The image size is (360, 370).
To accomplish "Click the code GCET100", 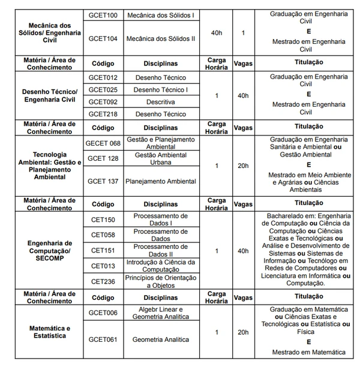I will [103, 14].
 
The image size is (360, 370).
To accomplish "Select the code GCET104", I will [103, 38].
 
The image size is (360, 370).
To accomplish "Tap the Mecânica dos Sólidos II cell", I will [161, 38].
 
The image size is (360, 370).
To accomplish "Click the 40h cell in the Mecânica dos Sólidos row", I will [216, 32].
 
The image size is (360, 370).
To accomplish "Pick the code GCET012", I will [103, 78].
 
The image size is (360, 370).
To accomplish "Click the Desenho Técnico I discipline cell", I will [161, 90].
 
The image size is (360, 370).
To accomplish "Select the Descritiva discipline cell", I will [161, 102].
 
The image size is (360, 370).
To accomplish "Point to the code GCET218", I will [103, 114].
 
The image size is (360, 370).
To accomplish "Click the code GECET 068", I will [103, 143].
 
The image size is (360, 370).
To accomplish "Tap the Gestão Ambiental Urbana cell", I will [161, 158].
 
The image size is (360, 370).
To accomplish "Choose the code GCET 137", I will [103, 181].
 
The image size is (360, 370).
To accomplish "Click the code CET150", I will [103, 219].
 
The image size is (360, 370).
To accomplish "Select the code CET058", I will [103, 234].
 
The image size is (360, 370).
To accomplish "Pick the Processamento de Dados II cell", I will [161, 250].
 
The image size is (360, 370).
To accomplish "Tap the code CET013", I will [103, 266].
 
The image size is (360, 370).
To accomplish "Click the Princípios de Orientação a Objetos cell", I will [161, 281].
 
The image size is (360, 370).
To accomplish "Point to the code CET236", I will [103, 281].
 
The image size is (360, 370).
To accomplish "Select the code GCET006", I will [103, 312].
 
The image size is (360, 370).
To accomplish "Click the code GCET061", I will [103, 339].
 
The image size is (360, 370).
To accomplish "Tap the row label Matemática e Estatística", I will [47, 332].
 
